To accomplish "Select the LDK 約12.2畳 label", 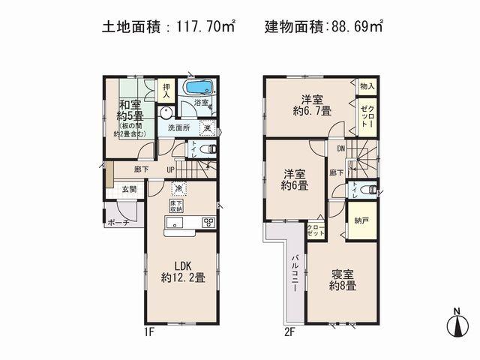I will coord(178,271).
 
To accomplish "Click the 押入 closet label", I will coord(167,89).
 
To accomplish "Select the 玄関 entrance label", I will coord(129,190).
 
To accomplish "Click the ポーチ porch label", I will coord(117,223).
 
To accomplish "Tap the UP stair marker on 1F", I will coord(171,169).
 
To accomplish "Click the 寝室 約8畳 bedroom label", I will coord(343,280).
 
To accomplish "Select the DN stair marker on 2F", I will coord(340,148).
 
